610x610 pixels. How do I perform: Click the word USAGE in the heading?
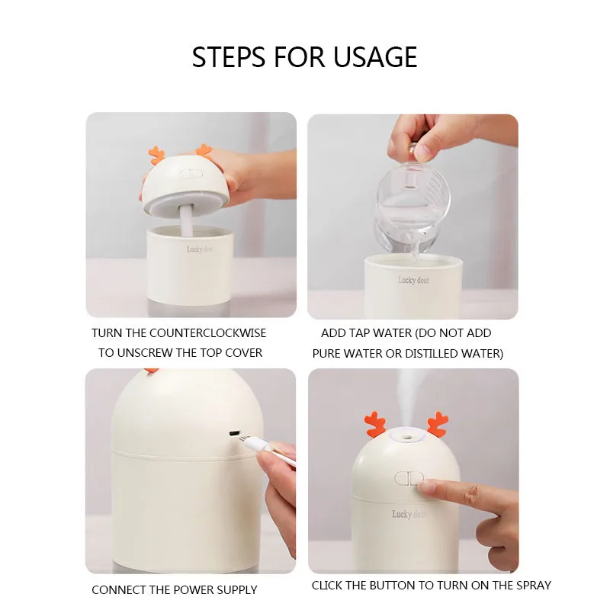coord(375,57)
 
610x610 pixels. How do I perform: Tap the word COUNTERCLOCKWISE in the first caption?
coord(207,333)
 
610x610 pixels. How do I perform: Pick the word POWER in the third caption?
coord(194,589)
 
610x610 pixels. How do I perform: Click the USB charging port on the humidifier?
coord(234,433)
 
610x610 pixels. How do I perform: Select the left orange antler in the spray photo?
coord(375,425)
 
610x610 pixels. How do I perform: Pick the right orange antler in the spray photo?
coord(438,424)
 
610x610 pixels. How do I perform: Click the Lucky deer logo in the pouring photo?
coord(413,280)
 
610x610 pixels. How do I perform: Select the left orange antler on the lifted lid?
coord(157,156)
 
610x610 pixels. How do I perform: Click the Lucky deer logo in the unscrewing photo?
coord(200,249)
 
